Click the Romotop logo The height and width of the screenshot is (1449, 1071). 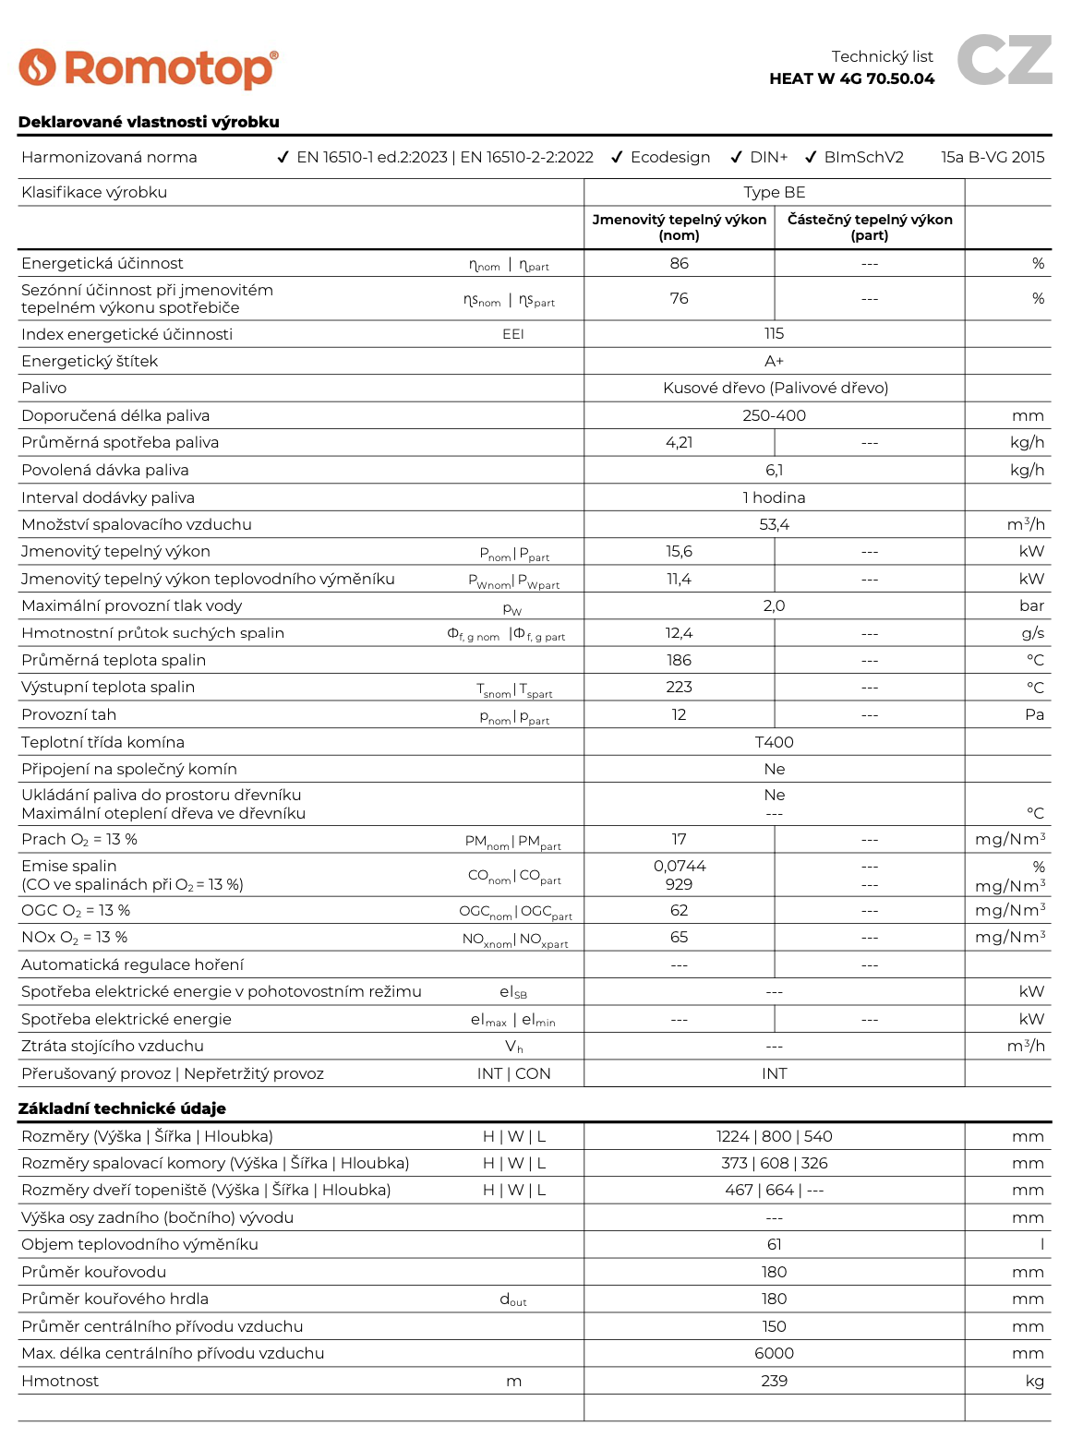pyautogui.click(x=148, y=68)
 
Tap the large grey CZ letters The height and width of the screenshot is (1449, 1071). pyautogui.click(x=1004, y=60)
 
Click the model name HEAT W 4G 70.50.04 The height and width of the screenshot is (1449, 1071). pyautogui.click(x=851, y=78)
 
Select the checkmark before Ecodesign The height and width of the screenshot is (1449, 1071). pyautogui.click(x=617, y=158)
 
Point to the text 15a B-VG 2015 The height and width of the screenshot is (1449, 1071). pyautogui.click(x=993, y=157)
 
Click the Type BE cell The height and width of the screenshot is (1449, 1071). pyautogui.click(x=774, y=192)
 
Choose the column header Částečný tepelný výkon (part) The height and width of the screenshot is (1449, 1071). pyautogui.click(x=869, y=227)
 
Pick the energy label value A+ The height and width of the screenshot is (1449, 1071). pyautogui.click(x=774, y=361)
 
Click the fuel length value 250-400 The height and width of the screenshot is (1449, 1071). pyautogui.click(x=774, y=415)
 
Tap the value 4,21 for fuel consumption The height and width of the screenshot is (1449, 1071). pyautogui.click(x=679, y=442)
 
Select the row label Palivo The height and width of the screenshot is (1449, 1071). pyautogui.click(x=44, y=388)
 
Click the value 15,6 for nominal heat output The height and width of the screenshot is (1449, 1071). pyautogui.click(x=679, y=551)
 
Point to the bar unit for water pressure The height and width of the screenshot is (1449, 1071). pyautogui.click(x=1031, y=605)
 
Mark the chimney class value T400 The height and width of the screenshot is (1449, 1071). pyautogui.click(x=774, y=742)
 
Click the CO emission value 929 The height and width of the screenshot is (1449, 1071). pyautogui.click(x=679, y=884)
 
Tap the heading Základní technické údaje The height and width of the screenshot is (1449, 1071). pyautogui.click(x=122, y=1108)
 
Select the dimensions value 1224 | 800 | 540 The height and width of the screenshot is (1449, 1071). pyautogui.click(x=774, y=1136)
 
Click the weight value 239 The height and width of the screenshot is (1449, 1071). pyautogui.click(x=774, y=1381)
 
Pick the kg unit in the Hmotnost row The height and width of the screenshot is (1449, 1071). pyautogui.click(x=1034, y=1381)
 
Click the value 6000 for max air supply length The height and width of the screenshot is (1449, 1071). pyautogui.click(x=774, y=1353)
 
